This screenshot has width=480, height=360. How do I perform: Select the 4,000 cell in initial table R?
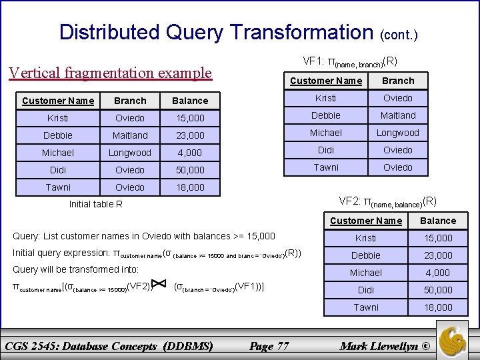click(189, 153)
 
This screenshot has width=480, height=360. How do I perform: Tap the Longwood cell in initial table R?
click(130, 153)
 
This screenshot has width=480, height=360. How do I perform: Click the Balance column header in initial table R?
click(189, 101)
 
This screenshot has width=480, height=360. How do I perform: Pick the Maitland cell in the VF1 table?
click(398, 116)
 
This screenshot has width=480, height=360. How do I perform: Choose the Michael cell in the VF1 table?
click(326, 133)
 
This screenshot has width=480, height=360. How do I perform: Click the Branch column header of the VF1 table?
click(398, 81)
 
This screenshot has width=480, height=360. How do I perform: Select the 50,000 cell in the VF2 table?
click(438, 290)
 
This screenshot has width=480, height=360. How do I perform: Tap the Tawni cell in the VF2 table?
click(366, 307)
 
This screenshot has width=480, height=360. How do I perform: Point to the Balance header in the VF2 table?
click(438, 221)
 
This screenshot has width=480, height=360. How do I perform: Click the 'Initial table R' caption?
click(96, 204)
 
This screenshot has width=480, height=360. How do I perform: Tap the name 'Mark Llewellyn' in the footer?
click(380, 346)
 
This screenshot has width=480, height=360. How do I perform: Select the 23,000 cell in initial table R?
click(189, 136)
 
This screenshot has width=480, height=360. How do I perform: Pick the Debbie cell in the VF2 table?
click(366, 255)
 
